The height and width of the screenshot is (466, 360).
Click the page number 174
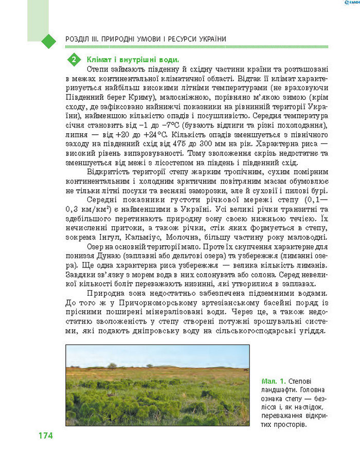click(45, 436)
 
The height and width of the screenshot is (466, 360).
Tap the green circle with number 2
click(75, 60)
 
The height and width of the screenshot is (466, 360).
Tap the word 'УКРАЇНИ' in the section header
click(209, 39)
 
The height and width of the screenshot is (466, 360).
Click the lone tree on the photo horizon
click(112, 365)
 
